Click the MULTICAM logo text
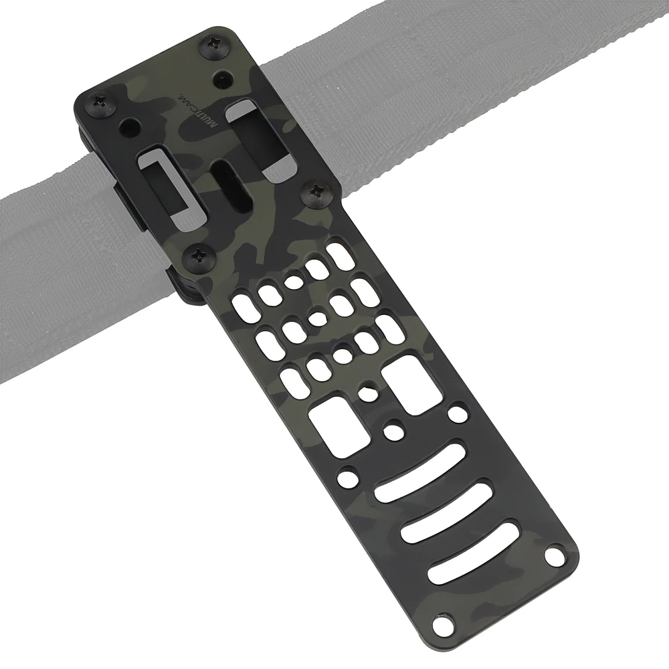[x=199, y=110]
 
